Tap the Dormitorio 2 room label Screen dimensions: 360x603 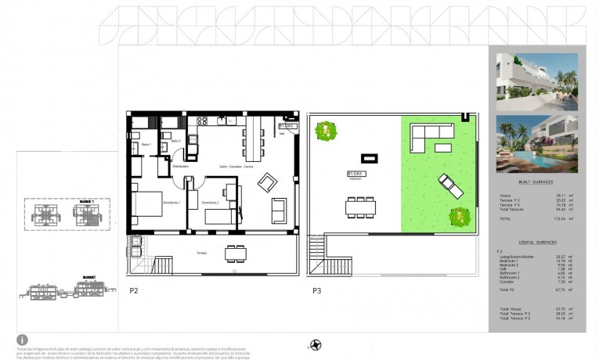coord(209,203)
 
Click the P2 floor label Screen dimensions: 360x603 coord(134,290)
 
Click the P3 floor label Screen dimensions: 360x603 coord(316,290)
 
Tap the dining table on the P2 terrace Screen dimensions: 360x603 coord(234,253)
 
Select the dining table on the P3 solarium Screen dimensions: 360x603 coord(361,207)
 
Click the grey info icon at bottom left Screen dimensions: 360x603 coord(22,340)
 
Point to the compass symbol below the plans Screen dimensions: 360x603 coord(316,344)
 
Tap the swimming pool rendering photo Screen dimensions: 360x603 coord(536,144)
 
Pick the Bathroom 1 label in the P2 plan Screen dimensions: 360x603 coord(146,145)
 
